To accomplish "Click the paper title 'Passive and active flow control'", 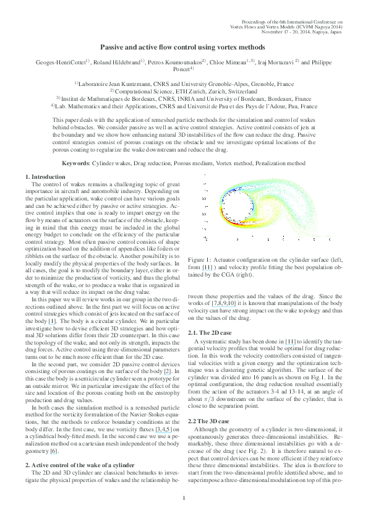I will pos(184,46).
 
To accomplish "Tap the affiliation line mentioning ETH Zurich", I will pos(184,90).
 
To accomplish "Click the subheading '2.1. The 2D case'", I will pos(210,333).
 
